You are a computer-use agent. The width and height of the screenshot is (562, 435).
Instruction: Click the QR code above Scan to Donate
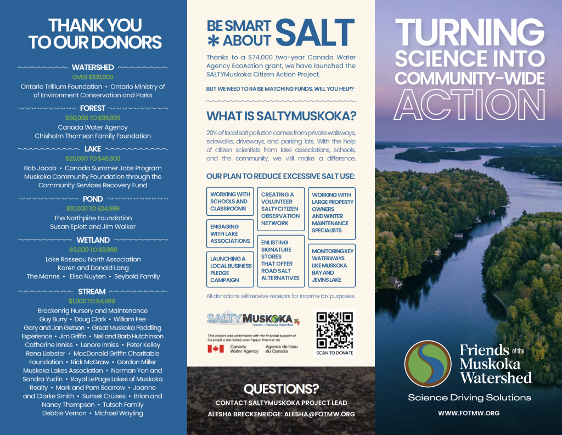(334, 330)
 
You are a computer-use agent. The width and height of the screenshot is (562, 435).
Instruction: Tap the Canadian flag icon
(216, 348)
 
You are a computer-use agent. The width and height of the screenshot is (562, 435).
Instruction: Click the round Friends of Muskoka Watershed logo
(428, 364)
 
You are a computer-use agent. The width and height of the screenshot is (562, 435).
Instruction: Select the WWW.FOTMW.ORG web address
(468, 413)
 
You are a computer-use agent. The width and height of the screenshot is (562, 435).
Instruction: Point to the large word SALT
(315, 32)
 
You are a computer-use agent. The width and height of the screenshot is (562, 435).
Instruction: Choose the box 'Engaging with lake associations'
(231, 233)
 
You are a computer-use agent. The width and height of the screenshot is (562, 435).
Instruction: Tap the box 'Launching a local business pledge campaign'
(231, 269)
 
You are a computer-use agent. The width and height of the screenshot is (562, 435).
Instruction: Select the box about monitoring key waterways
(331, 265)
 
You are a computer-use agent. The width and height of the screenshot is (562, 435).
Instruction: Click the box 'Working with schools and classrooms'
(231, 202)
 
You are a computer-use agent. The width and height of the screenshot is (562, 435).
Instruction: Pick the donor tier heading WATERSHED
(93, 68)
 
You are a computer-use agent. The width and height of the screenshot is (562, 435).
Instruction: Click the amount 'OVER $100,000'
(93, 77)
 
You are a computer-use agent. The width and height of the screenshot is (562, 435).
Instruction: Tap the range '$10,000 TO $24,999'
(93, 209)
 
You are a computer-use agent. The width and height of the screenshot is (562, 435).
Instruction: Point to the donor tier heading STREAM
(92, 292)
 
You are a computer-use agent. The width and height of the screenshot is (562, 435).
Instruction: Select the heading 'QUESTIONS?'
(281, 389)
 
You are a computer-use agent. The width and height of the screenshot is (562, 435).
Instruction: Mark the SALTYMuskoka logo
(250, 319)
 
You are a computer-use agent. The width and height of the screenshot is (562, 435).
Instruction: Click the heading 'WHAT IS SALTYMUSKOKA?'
(281, 116)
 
